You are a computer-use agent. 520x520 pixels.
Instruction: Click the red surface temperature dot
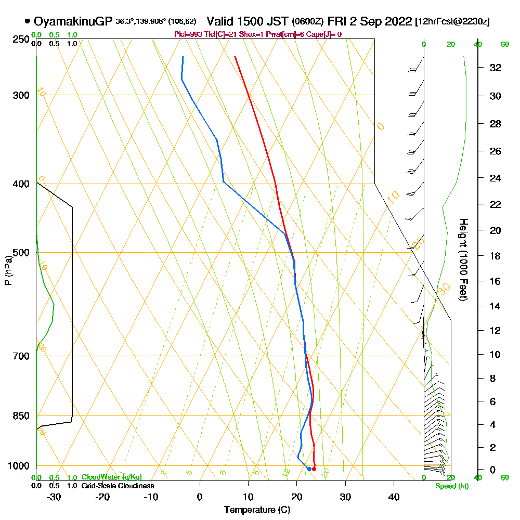click(314, 469)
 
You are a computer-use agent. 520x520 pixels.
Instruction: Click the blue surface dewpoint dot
click(309, 469)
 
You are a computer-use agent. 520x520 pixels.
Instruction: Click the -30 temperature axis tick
click(54, 497)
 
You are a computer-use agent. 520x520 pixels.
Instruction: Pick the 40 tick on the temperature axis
click(394, 497)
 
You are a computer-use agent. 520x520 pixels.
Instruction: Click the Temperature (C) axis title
click(257, 510)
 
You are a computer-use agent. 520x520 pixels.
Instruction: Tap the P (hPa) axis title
click(8, 270)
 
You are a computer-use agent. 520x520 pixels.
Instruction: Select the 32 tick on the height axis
click(496, 68)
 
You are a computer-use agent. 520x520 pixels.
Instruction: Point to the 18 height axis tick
click(496, 256)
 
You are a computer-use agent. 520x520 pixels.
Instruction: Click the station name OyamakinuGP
click(73, 21)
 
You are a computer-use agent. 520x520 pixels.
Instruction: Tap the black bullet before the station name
click(27, 21)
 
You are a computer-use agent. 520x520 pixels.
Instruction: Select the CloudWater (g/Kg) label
click(111, 477)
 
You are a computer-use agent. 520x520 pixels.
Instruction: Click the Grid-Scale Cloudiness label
click(117, 486)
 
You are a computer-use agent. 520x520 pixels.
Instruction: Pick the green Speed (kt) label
click(450, 486)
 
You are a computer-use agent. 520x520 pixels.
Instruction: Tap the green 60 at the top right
click(504, 44)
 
